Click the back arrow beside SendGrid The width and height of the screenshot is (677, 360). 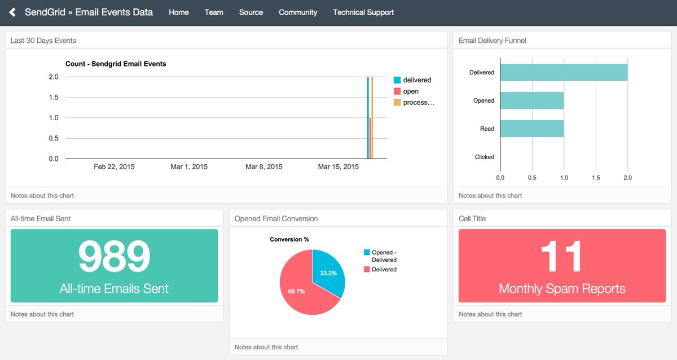coord(12,12)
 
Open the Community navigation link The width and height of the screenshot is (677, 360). coord(298,12)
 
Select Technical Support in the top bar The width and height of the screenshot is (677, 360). coord(363,12)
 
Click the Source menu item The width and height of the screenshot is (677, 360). coord(251,12)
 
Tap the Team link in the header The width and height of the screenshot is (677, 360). coord(214,12)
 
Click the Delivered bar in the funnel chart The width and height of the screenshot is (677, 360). coord(564,72)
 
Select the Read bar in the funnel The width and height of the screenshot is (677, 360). coord(532,129)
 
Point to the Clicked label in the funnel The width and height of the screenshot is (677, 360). coord(484,157)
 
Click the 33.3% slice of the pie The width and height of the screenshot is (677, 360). coord(328,271)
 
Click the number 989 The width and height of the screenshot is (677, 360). coord(114,257)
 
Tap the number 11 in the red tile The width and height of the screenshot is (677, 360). coord(562,257)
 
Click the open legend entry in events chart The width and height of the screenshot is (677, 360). coord(411,91)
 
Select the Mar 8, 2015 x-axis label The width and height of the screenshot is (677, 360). coord(264,167)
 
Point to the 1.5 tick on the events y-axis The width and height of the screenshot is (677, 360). coord(54,98)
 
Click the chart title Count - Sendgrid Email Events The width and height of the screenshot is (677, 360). coord(116,64)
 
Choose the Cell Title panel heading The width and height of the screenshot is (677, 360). coord(472,218)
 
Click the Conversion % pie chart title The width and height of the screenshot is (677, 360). coord(289,239)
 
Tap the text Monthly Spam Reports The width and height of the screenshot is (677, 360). coord(562,289)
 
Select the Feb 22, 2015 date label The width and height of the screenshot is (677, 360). coord(114,167)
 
